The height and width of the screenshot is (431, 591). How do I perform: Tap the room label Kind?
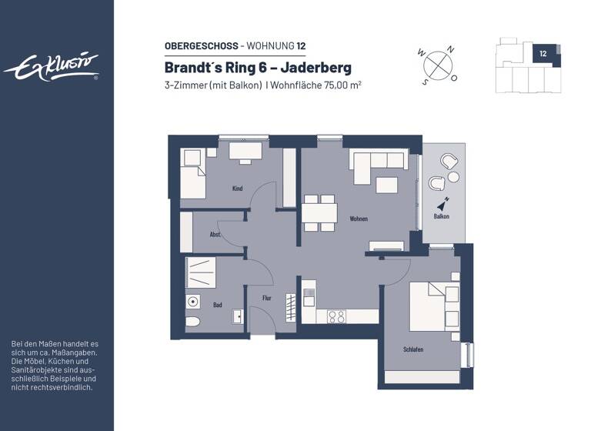click(x=237, y=189)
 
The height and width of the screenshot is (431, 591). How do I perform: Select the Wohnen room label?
click(x=358, y=219)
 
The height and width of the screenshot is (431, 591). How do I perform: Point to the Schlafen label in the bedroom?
click(x=412, y=349)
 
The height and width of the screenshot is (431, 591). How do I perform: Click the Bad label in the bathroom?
click(x=218, y=305)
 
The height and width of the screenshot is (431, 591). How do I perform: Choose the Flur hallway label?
click(x=266, y=297)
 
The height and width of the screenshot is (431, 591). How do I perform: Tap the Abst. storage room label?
click(x=215, y=235)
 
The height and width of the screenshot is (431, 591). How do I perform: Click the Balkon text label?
click(x=441, y=217)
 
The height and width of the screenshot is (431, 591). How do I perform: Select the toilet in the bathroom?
click(x=193, y=322)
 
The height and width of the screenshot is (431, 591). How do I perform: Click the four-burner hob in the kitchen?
click(x=336, y=316)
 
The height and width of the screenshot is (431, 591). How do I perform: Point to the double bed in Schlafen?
click(x=434, y=305)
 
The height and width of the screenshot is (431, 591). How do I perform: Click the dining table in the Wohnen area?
click(x=319, y=212)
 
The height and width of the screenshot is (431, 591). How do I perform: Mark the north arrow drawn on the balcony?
click(x=443, y=203)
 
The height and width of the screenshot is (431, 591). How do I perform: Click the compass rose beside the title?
click(x=438, y=63)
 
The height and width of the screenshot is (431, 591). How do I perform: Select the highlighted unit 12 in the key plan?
click(x=543, y=54)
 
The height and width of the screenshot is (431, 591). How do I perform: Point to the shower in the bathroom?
click(x=199, y=272)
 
